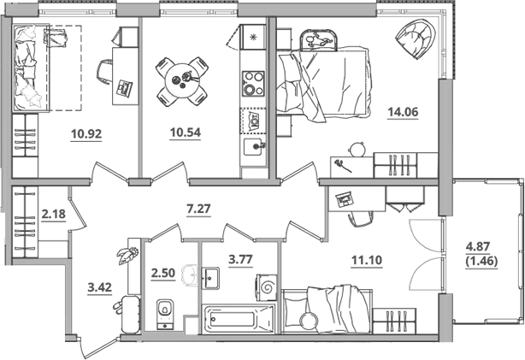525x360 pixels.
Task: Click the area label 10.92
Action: [86, 134]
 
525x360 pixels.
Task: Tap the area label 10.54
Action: [186, 133]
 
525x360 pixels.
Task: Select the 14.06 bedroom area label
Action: [403, 112]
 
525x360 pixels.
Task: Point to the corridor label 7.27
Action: [198, 209]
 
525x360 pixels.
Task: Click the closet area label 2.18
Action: [54, 214]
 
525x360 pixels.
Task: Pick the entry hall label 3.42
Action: [99, 287]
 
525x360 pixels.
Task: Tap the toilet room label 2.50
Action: [162, 274]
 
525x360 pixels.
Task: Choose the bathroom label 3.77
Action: [240, 259]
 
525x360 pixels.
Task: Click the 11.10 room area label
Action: [367, 260]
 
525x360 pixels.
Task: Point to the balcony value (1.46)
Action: [481, 261]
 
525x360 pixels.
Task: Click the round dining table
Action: [182, 80]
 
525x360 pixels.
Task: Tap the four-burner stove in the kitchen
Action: [253, 84]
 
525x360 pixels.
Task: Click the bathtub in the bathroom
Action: [238, 318]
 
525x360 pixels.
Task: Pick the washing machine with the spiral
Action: [267, 287]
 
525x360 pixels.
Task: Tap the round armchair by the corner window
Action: [416, 38]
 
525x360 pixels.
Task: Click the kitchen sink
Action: [254, 147]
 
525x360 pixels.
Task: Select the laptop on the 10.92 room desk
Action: [124, 88]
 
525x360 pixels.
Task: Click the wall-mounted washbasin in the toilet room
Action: [192, 275]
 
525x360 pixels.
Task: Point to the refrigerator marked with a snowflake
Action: [253, 36]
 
